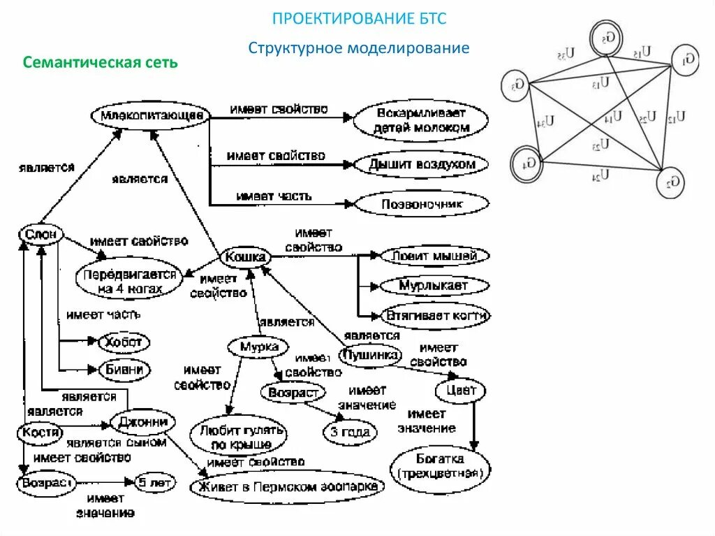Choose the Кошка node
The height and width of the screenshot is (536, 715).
pos(245,258)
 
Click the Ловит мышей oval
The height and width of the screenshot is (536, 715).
pos(434,256)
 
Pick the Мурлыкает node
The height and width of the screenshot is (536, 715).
pos(434,286)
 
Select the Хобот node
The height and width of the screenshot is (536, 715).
pos(123,342)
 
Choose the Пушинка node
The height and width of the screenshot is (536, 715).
pos(370,356)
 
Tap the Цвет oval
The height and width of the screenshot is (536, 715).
pos(460,389)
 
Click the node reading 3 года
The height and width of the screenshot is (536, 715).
pos(350,432)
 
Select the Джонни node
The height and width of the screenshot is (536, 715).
pos(142,422)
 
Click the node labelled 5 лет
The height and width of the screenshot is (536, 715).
pos(155,482)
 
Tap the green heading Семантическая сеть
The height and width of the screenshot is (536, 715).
pos(101,62)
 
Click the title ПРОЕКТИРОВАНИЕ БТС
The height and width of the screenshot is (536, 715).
pos(359,19)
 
